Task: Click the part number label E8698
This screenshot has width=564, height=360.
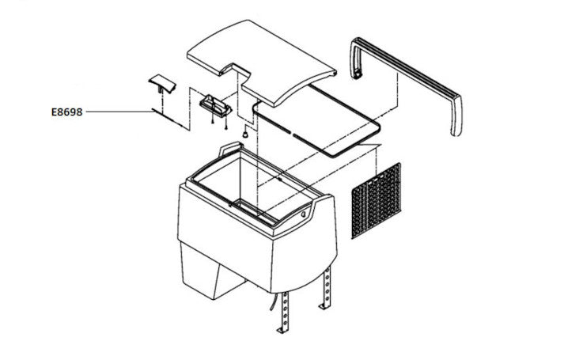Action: [67, 112]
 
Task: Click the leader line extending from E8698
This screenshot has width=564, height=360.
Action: [120, 112]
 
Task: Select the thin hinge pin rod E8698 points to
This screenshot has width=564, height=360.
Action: [171, 119]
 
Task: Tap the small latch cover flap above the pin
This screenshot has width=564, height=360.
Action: [162, 84]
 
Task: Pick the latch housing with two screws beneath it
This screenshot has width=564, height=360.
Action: [215, 105]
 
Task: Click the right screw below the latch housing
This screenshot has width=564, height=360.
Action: [226, 125]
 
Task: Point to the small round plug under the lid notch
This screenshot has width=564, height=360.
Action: [245, 134]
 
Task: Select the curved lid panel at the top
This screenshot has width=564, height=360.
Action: [262, 63]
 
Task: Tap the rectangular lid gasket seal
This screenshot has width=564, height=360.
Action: [316, 120]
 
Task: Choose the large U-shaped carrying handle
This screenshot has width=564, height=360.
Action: [406, 86]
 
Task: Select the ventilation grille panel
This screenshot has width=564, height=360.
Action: [376, 201]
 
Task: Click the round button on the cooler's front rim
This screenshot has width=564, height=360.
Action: [303, 214]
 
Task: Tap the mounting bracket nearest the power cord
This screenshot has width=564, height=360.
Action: [284, 313]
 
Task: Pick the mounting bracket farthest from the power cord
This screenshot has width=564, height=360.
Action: [325, 289]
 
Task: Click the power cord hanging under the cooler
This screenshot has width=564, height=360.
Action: [274, 302]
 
